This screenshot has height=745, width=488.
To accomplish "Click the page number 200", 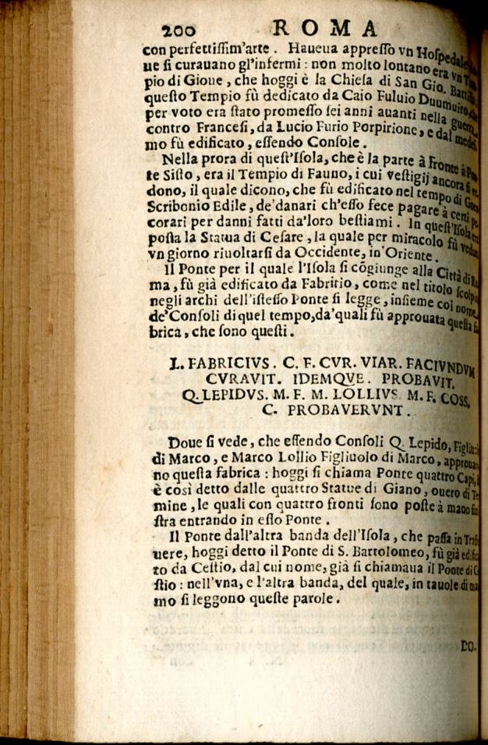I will click(x=182, y=29).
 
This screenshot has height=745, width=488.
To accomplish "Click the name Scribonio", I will click(x=176, y=213).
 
